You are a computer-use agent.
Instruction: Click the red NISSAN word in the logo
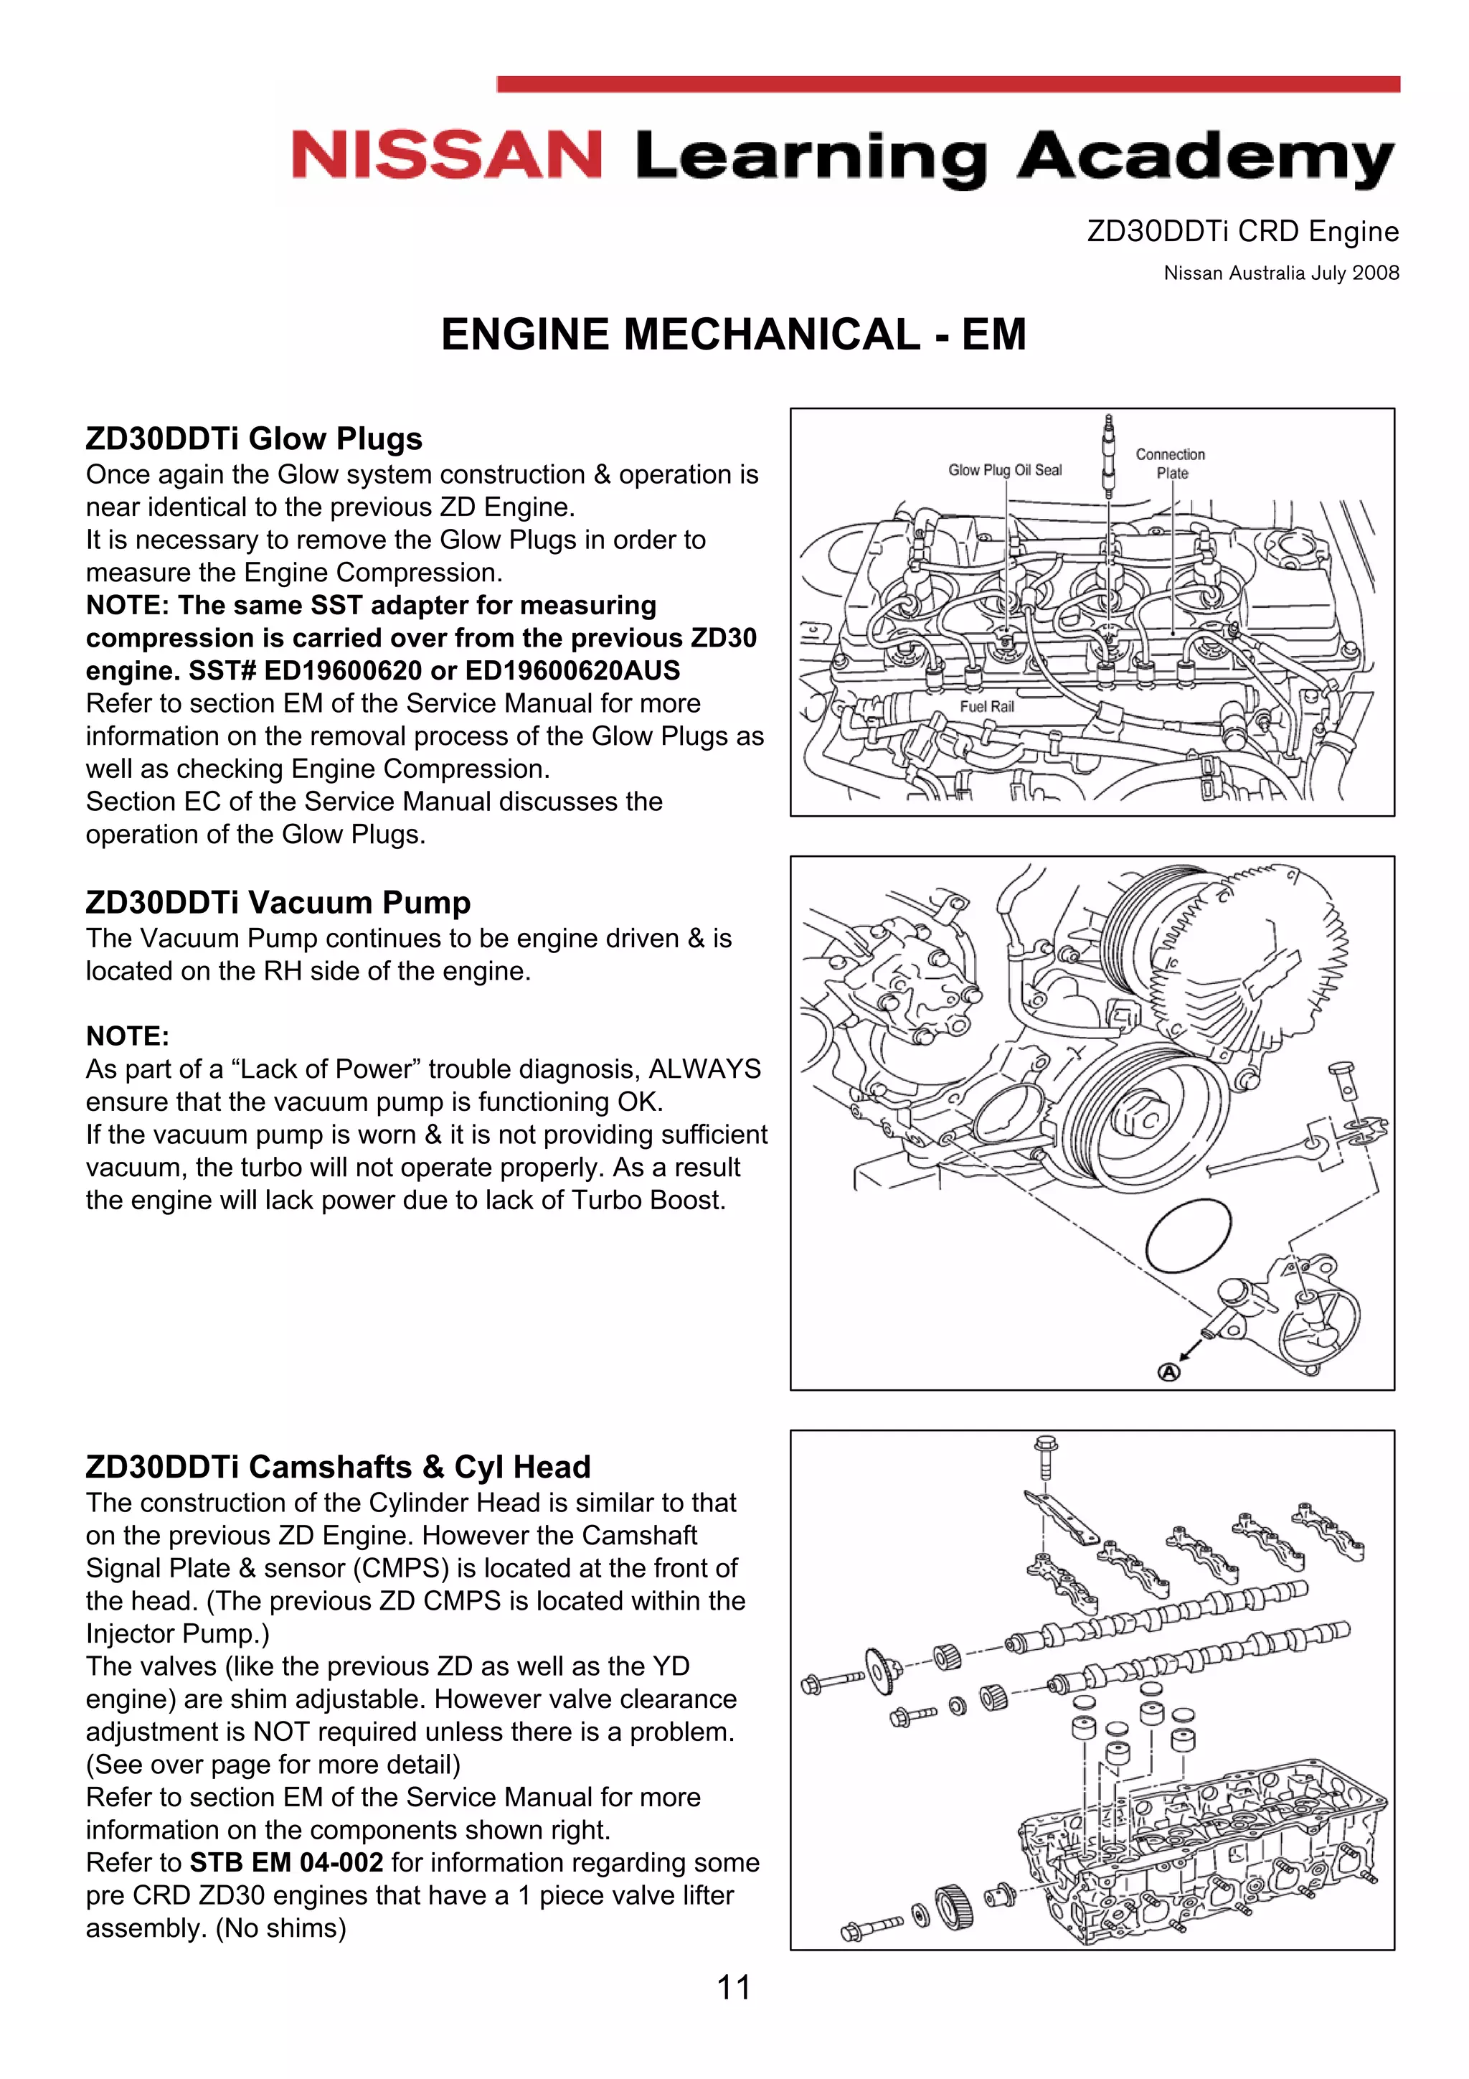(446, 155)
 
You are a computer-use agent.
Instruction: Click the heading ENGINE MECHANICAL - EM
(733, 334)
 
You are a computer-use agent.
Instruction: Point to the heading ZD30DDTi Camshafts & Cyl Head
(338, 1466)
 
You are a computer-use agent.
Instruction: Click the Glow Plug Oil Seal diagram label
(1005, 470)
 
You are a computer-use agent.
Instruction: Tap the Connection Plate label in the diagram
(1171, 464)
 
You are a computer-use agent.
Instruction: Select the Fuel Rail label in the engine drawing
(986, 706)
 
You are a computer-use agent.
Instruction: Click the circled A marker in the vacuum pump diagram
(1169, 1372)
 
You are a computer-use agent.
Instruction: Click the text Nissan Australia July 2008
(1281, 273)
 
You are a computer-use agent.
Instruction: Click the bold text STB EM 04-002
(286, 1862)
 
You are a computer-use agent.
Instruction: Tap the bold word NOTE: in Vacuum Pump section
(128, 1036)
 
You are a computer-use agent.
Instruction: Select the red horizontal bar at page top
(948, 84)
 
